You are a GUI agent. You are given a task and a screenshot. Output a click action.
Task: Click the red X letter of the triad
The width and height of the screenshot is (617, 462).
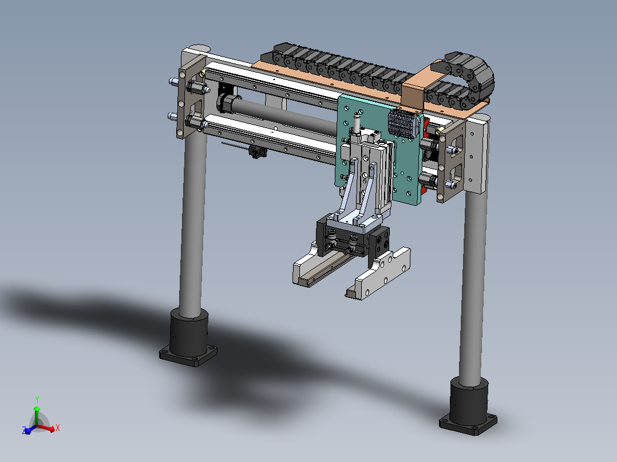(58, 428)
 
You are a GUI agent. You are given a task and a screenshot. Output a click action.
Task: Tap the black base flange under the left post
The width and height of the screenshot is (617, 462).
(188, 355)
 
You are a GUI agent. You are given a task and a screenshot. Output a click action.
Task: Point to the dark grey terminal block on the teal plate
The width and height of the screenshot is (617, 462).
(404, 123)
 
